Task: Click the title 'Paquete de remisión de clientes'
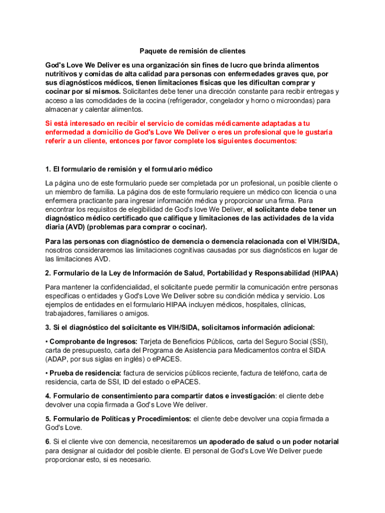pos(192,51)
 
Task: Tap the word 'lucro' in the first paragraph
pos(248,65)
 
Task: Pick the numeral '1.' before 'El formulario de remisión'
pos(48,169)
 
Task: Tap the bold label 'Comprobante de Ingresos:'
pos(90,341)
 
